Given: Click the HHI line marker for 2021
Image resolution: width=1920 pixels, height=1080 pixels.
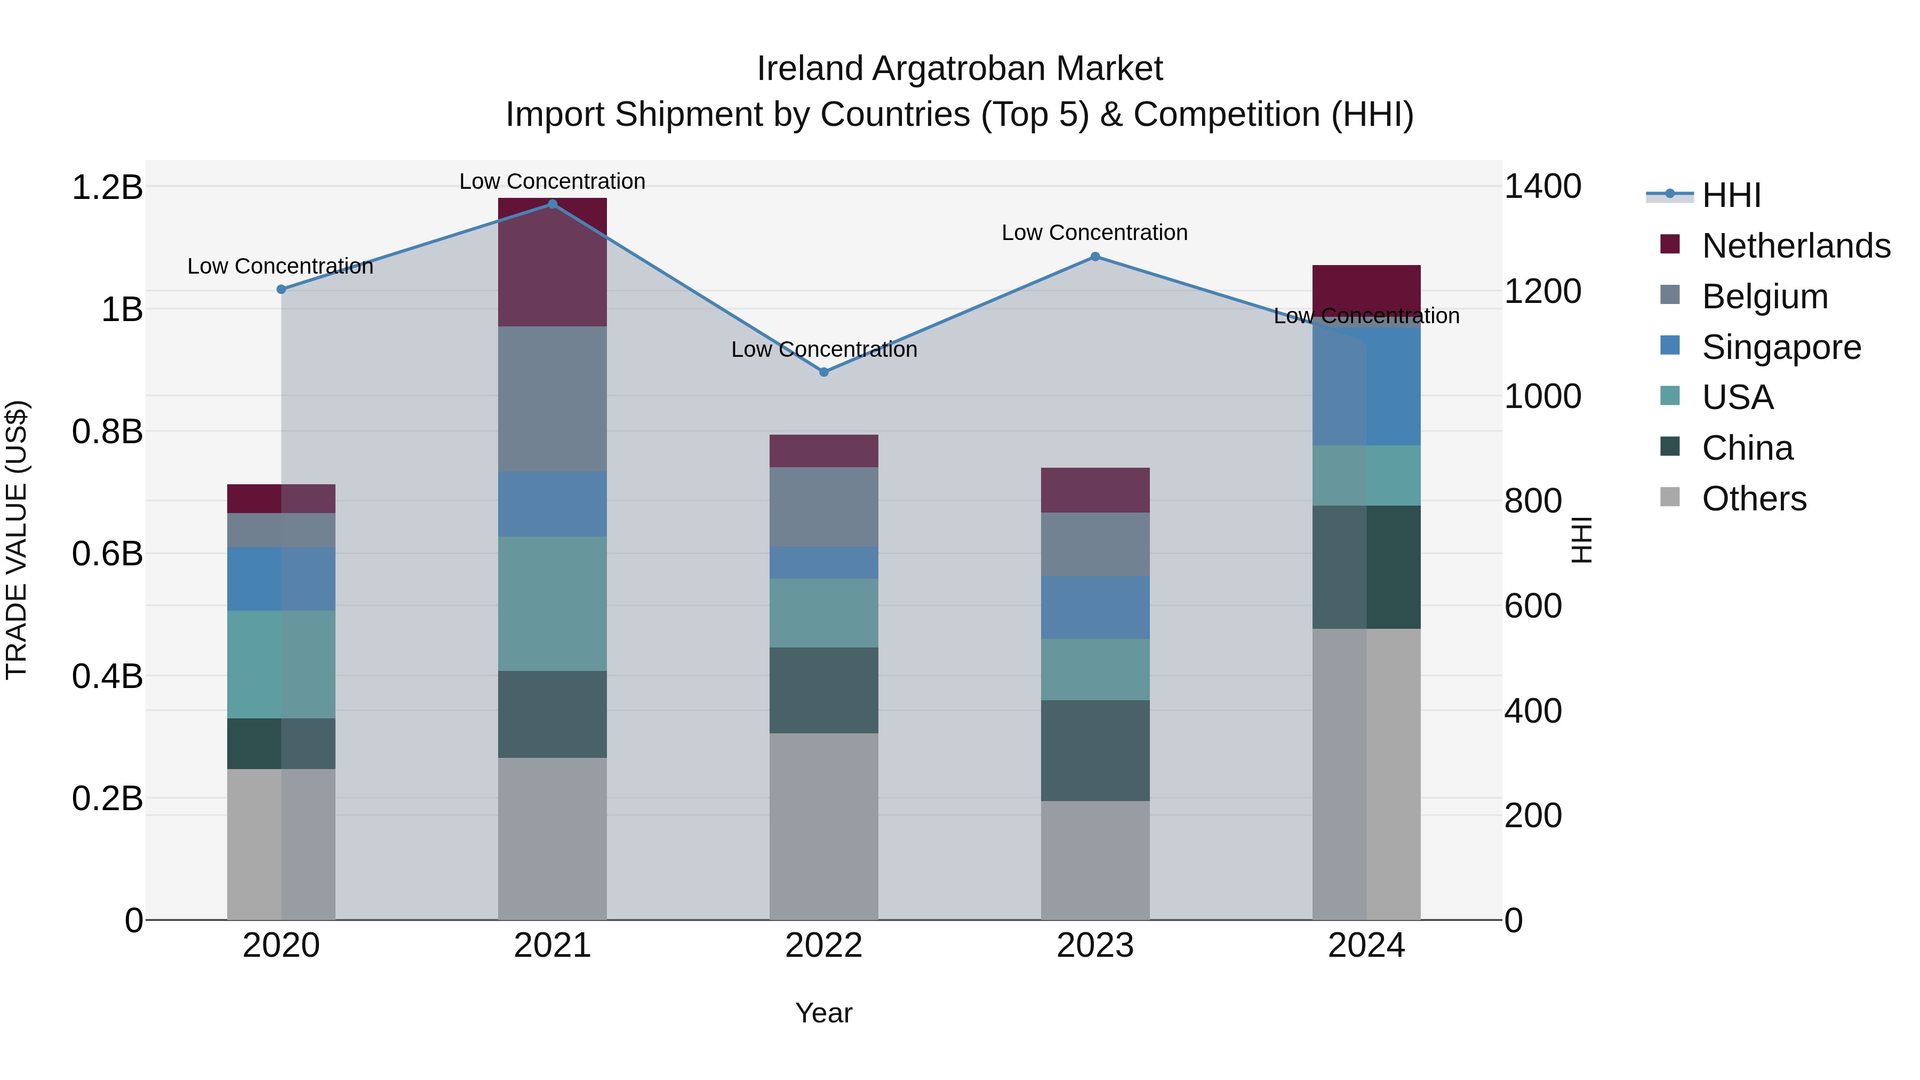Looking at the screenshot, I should [x=553, y=204].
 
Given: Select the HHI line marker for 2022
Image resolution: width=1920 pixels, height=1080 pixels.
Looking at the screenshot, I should [x=823, y=372].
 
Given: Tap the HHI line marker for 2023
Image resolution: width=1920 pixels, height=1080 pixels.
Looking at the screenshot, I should [x=1095, y=257].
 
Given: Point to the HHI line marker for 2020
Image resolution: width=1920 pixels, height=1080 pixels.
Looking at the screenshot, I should [x=281, y=289].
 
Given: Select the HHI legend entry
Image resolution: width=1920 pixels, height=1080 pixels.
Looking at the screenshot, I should [x=1731, y=195].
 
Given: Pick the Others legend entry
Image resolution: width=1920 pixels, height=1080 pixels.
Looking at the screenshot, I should [x=1754, y=499].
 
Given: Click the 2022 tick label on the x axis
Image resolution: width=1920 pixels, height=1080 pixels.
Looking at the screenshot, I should [x=823, y=946].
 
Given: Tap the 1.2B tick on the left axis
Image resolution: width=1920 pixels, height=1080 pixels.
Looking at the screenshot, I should [x=107, y=187].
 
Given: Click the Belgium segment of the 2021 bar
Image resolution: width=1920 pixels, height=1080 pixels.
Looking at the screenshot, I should [x=553, y=399].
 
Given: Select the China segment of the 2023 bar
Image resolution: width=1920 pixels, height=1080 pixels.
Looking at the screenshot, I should [x=1095, y=750].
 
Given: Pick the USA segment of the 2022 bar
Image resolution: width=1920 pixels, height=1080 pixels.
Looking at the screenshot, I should [x=823, y=613].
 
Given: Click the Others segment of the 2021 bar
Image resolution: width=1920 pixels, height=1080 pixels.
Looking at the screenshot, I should [x=553, y=838].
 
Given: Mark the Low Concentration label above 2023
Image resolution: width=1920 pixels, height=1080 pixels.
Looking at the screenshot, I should [x=1094, y=233].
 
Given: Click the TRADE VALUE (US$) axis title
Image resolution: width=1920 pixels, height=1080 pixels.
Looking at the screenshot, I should [x=17, y=540].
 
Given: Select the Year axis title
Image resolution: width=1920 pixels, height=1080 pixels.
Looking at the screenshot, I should [x=823, y=1013].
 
